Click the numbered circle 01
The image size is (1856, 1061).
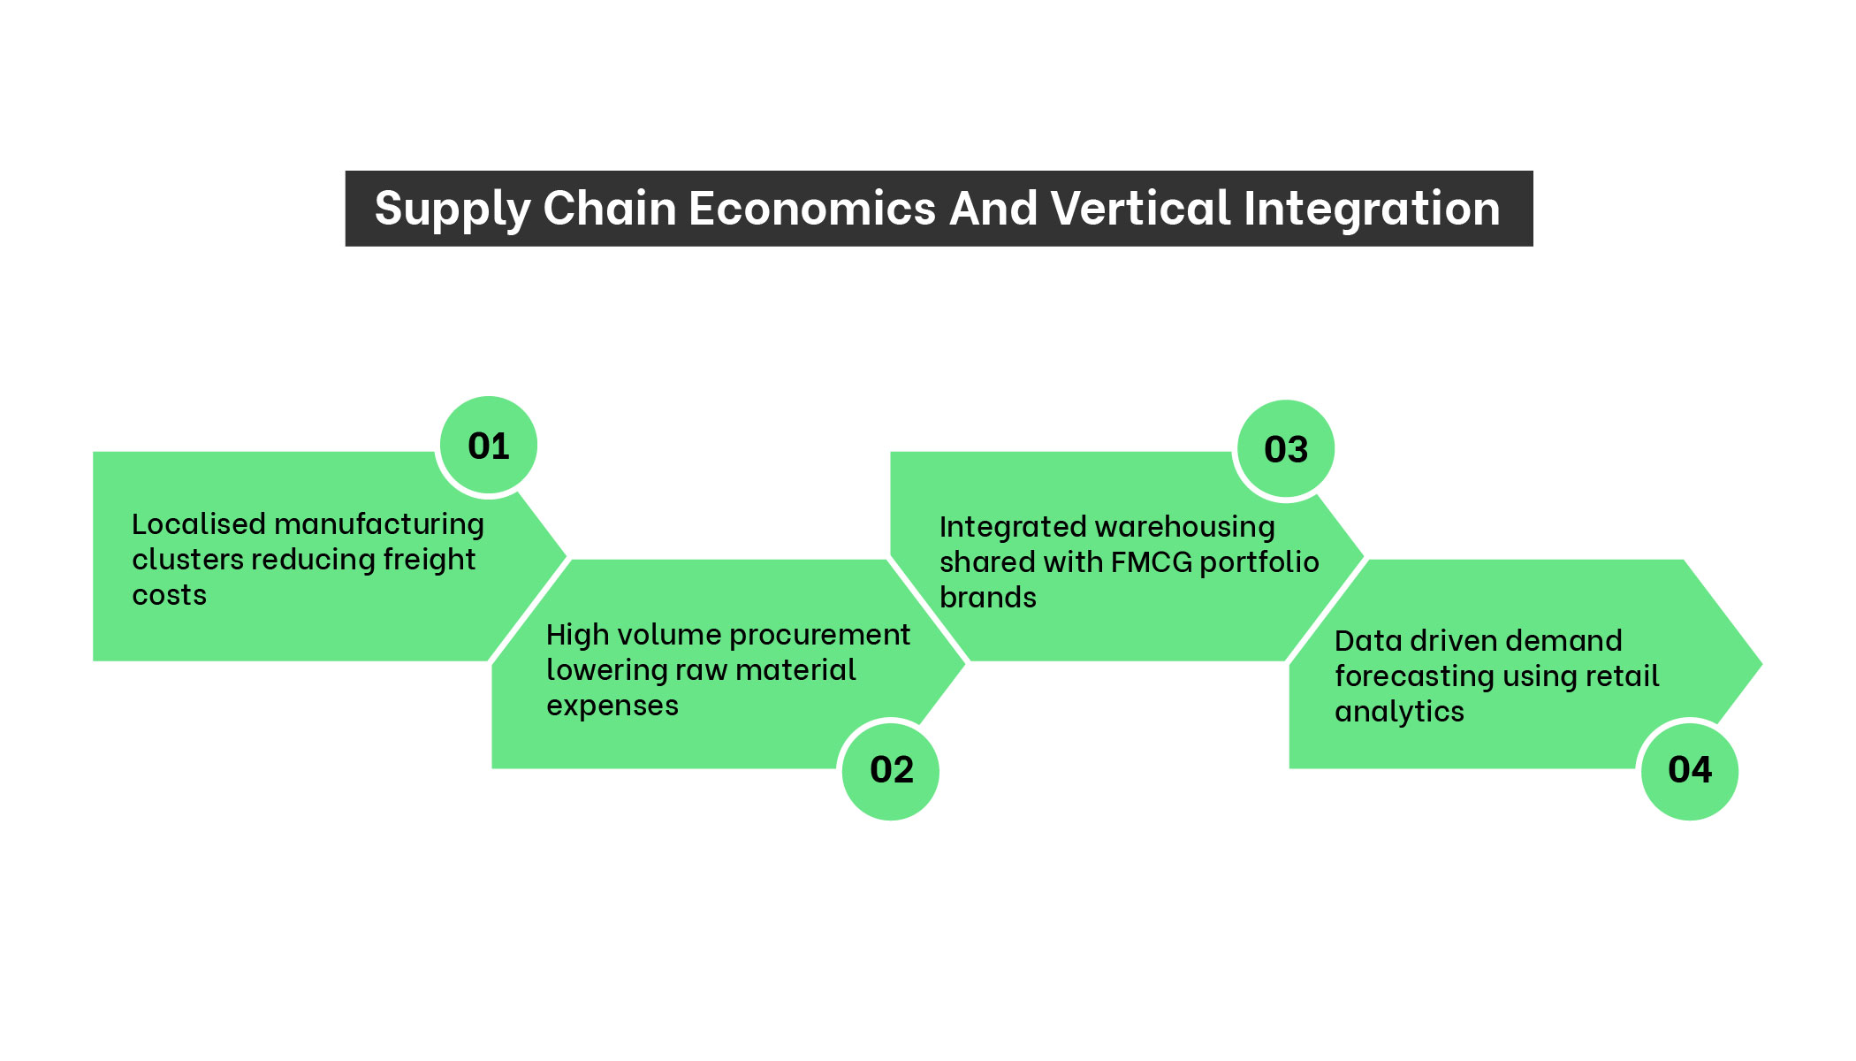pos(489,446)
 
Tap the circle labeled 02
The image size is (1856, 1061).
pos(891,770)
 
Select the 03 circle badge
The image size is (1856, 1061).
pos(1286,449)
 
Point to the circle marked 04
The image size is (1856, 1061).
pos(1690,770)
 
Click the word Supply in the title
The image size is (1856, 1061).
pos(452,210)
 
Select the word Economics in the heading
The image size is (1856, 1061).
pos(812,209)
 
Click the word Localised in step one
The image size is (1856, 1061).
pos(199,524)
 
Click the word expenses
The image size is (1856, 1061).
pos(612,706)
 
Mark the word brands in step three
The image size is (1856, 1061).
pos(987,598)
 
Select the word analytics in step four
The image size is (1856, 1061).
pos(1399,712)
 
